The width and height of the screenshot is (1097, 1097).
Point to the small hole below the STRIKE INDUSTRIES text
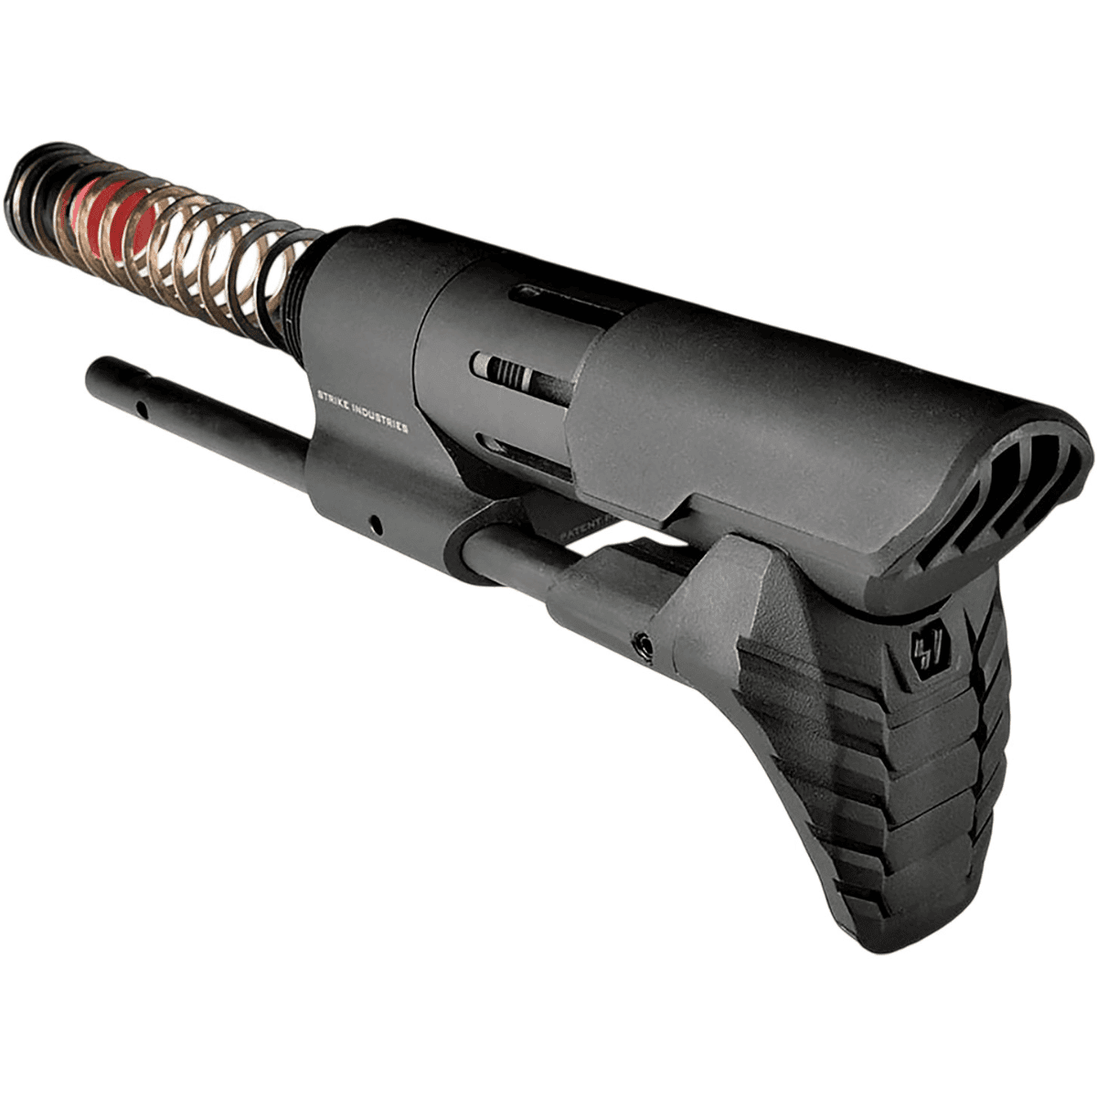374,524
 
